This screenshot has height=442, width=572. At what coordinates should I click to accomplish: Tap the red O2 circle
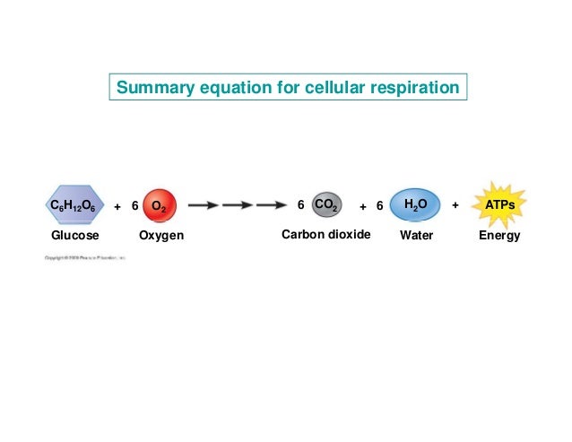click(158, 205)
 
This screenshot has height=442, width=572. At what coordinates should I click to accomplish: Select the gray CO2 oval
click(325, 205)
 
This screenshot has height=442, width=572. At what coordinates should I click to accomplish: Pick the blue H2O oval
click(415, 205)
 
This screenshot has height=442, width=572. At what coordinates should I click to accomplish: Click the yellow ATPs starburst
click(499, 205)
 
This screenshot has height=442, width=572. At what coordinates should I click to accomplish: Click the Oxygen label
click(161, 236)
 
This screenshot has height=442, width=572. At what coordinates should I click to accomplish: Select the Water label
click(416, 236)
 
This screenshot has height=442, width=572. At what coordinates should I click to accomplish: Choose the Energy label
click(499, 236)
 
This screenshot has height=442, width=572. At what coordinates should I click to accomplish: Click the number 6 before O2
click(134, 206)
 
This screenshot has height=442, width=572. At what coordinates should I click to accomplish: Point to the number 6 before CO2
click(300, 205)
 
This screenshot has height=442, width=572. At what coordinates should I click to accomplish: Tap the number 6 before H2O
click(379, 206)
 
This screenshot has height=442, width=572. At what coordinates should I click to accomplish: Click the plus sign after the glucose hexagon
click(117, 206)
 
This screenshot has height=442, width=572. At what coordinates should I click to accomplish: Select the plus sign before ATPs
click(455, 205)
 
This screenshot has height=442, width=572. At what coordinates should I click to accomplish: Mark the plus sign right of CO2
click(363, 206)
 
